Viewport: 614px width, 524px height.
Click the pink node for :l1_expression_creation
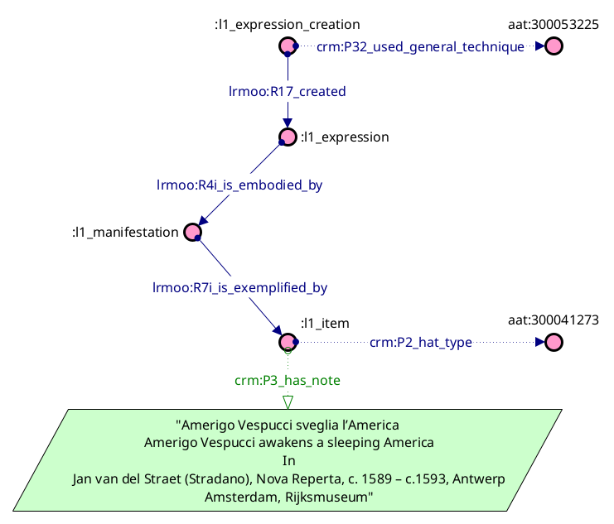coord(288,46)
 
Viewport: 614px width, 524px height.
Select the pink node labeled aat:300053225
coord(554,46)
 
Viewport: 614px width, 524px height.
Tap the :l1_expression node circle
coord(288,137)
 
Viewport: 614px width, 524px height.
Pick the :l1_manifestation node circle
coord(192,233)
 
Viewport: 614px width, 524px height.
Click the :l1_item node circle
coord(288,342)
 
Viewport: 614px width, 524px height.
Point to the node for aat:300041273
coord(554,342)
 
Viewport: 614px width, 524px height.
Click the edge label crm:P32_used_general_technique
coord(420,47)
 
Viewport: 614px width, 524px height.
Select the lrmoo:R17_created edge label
coord(287,91)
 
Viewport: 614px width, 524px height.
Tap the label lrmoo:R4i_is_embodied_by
coord(239,185)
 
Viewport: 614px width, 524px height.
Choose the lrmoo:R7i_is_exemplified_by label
coord(240,288)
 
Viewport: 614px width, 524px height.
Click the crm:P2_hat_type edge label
coord(420,342)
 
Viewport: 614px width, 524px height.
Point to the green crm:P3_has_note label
coord(288,380)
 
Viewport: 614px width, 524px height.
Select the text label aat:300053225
coord(554,25)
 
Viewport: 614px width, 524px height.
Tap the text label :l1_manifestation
coord(124,233)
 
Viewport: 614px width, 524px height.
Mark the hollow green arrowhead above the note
coord(288,401)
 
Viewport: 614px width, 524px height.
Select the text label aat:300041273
coord(554,320)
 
